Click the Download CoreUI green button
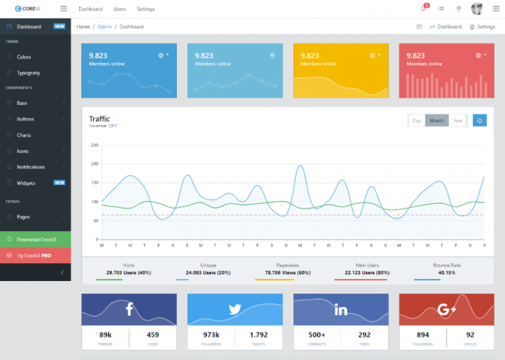click(36, 239)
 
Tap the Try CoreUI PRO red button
click(36, 255)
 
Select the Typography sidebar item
click(28, 73)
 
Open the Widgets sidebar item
click(26, 183)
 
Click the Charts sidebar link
click(24, 135)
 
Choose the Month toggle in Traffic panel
click(437, 120)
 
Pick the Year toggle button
click(458, 120)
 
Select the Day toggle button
click(416, 120)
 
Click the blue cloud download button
click(480, 120)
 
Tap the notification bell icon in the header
click(423, 9)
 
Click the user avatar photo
click(477, 9)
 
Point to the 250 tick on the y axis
click(95, 145)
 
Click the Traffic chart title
click(99, 119)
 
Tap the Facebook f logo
click(129, 309)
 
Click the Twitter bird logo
click(235, 309)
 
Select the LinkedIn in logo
click(341, 309)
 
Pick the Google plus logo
click(446, 309)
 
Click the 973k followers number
click(211, 334)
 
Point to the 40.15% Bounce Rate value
click(446, 272)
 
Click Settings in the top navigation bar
click(146, 9)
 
